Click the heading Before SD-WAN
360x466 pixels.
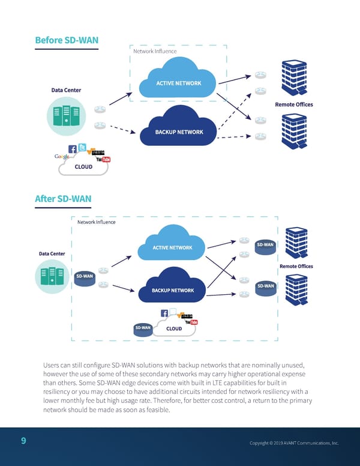[x=67, y=40]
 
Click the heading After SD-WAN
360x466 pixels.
[x=62, y=199]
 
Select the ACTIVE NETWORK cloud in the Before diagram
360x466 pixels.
[x=178, y=82]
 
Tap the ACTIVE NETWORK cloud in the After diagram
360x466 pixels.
[x=172, y=247]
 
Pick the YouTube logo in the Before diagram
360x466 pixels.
[x=102, y=159]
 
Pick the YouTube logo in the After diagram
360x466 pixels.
[x=191, y=322]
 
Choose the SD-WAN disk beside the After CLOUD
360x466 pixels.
[x=143, y=328]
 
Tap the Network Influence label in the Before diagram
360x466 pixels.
[x=155, y=51]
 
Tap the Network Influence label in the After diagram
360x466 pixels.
[x=96, y=222]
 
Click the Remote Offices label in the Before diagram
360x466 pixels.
[x=293, y=104]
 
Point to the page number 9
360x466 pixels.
[x=23, y=441]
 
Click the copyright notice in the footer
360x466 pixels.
[x=294, y=443]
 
